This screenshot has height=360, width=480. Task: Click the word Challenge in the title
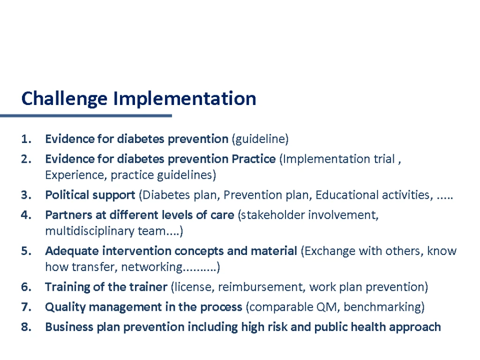(x=64, y=99)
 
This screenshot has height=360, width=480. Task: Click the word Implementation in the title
(x=185, y=98)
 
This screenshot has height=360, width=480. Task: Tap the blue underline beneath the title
(x=86, y=116)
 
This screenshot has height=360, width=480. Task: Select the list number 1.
(x=26, y=139)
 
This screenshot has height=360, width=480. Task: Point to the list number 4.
(x=26, y=215)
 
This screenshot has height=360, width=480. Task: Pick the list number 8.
(x=26, y=327)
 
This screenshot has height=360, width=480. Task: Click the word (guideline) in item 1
(x=260, y=139)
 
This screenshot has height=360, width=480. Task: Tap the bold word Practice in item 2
(x=254, y=159)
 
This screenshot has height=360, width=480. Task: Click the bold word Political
(x=67, y=195)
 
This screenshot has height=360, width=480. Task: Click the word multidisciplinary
(x=90, y=232)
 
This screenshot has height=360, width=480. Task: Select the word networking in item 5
(x=152, y=267)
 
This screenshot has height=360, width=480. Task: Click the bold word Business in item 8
(x=69, y=327)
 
